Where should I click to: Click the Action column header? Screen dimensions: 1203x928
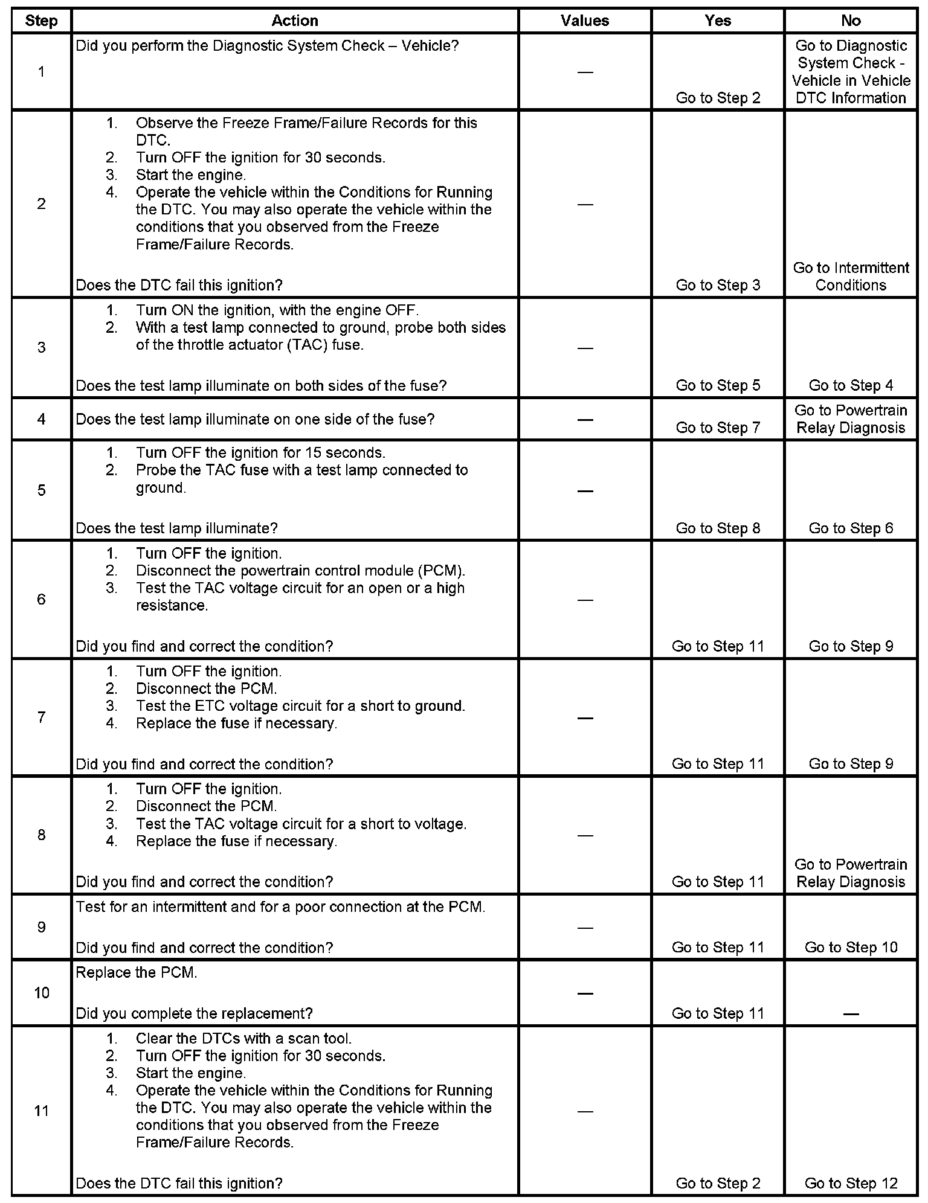(294, 21)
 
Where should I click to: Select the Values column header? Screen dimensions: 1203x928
(584, 21)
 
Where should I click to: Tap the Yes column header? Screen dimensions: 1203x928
(718, 21)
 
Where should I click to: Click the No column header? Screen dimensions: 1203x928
(850, 21)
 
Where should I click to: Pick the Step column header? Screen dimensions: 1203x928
(41, 21)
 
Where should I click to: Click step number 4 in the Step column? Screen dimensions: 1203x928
(41, 419)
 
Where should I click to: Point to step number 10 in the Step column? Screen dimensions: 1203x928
(41, 993)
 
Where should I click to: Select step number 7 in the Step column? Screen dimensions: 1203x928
(41, 717)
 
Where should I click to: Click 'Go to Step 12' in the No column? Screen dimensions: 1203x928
(851, 1183)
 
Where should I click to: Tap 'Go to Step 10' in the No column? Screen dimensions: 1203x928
(851, 948)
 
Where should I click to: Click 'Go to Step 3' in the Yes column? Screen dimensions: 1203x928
(718, 285)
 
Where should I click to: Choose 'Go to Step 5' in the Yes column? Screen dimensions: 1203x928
(718, 385)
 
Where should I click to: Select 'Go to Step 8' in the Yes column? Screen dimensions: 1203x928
(718, 528)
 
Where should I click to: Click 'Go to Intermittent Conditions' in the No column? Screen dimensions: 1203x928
(851, 277)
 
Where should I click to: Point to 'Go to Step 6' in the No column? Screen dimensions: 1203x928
(851, 528)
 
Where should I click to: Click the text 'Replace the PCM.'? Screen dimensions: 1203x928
(137, 973)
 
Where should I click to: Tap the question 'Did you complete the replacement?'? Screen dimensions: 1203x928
(194, 1013)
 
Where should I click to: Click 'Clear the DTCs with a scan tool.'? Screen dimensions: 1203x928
(243, 1039)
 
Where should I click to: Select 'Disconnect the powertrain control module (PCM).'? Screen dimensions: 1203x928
(300, 571)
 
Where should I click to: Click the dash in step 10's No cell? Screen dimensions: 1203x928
(851, 1014)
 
